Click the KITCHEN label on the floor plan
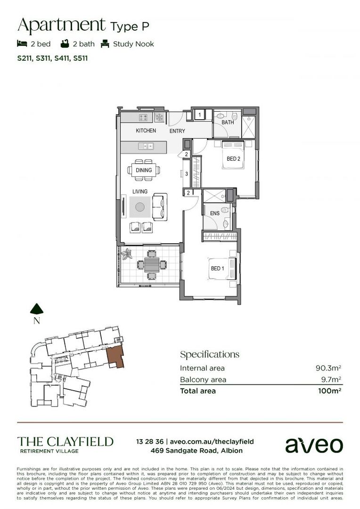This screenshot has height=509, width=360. click(x=146, y=131)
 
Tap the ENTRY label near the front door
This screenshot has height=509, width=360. click(x=177, y=131)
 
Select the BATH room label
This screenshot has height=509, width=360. click(x=228, y=123)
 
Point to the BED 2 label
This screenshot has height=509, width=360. click(x=234, y=159)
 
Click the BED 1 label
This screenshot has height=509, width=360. click(x=217, y=268)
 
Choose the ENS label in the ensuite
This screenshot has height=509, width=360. click(x=215, y=213)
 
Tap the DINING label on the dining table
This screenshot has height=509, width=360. click(x=144, y=170)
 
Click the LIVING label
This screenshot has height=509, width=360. click(x=140, y=191)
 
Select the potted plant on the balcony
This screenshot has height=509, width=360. click(x=127, y=254)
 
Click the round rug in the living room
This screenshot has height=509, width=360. click(x=139, y=207)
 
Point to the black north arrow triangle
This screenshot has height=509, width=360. click(x=37, y=309)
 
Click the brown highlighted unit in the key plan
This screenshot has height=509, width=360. click(x=115, y=357)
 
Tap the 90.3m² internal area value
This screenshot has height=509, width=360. click(x=328, y=368)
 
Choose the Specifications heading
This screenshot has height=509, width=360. click(x=210, y=354)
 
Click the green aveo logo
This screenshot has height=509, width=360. click(x=314, y=444)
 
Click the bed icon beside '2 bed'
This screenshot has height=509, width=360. click(x=21, y=44)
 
